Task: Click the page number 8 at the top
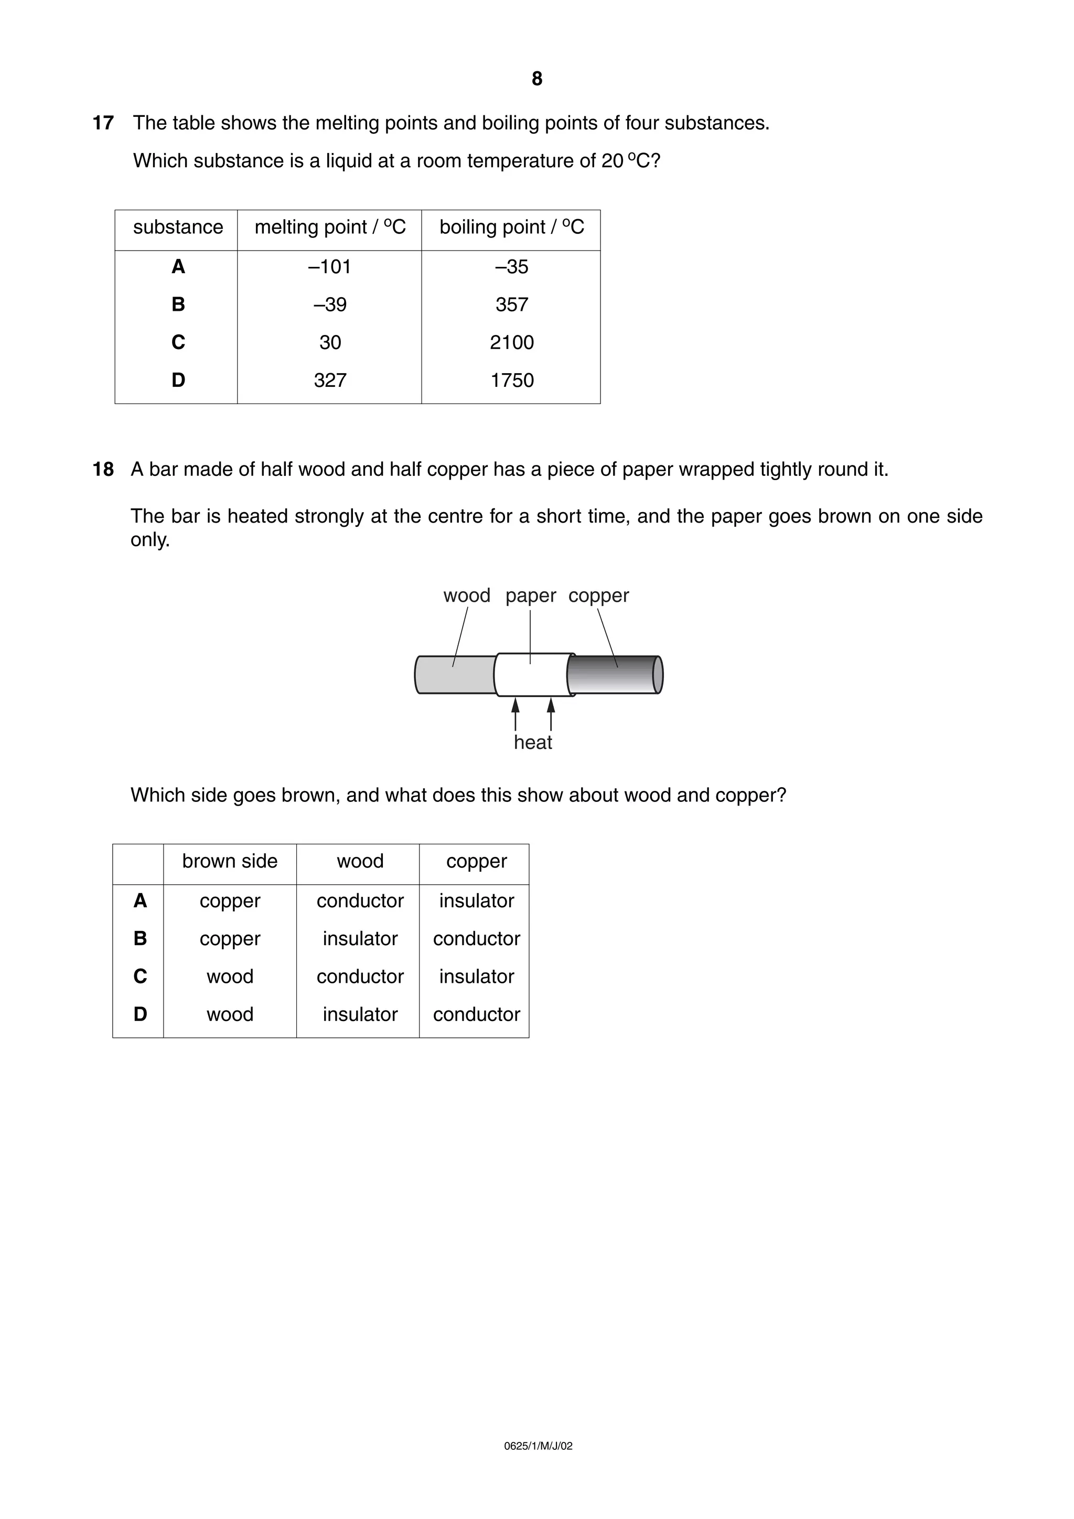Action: (536, 79)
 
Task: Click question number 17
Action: (103, 123)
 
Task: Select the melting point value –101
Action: (329, 267)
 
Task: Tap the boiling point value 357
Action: (511, 305)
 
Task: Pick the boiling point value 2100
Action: (511, 342)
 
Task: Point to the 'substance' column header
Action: (178, 227)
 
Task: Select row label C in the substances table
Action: (178, 342)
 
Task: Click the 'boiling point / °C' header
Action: (511, 227)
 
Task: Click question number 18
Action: (103, 470)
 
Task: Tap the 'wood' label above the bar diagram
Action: (467, 595)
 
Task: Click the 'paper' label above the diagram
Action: (531, 595)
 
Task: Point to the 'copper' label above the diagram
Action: (598, 595)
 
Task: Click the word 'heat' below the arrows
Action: (533, 742)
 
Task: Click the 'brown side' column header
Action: (230, 861)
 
